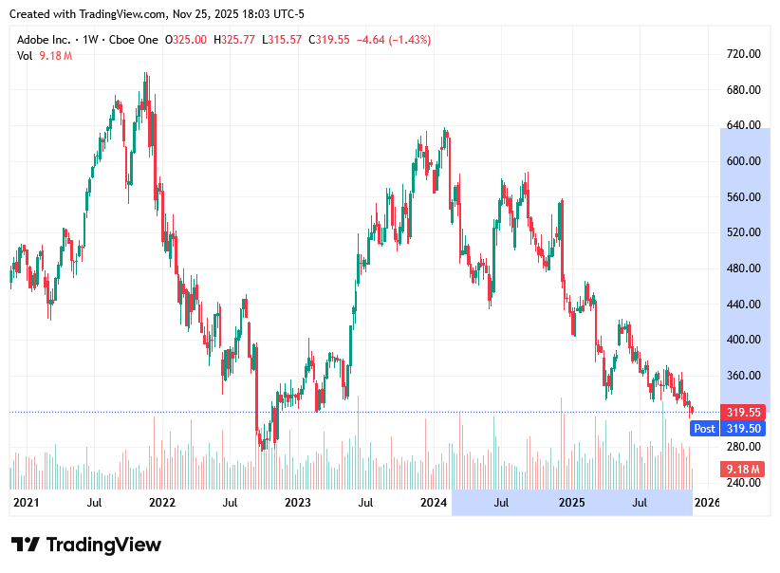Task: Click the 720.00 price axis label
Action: click(744, 54)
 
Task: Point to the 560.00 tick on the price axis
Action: click(744, 197)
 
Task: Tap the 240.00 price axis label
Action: click(744, 482)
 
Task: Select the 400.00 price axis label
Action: click(744, 340)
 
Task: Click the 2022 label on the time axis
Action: click(161, 502)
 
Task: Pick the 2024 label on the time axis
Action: click(434, 502)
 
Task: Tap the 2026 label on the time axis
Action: click(707, 502)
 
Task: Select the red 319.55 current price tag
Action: click(744, 413)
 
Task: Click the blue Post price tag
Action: click(704, 429)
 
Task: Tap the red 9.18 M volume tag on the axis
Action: click(744, 470)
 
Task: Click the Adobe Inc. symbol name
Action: click(43, 40)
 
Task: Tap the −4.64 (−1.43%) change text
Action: click(393, 40)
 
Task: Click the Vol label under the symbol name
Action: click(25, 56)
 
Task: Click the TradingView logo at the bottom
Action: click(86, 545)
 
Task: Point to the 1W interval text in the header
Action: click(91, 40)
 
